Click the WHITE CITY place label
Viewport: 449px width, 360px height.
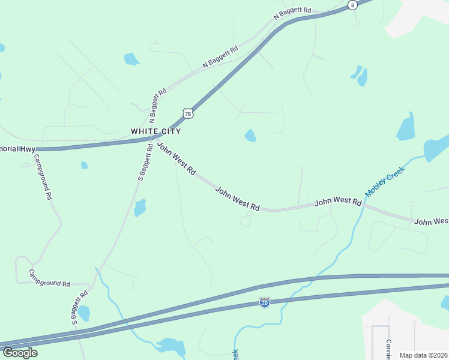[155, 131]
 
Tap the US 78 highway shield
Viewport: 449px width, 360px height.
[188, 113]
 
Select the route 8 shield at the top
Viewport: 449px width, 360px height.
[352, 4]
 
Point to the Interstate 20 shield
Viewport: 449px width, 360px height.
[264, 302]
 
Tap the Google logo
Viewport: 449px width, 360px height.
[20, 353]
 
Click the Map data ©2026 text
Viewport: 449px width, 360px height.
[423, 355]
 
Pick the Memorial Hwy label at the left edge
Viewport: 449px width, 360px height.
[18, 148]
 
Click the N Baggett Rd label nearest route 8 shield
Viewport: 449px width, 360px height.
[293, 14]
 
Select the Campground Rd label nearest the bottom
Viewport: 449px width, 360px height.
[50, 277]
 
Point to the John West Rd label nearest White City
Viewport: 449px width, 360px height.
[176, 158]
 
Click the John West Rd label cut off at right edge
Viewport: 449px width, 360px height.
[432, 221]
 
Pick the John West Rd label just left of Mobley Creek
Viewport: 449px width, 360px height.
[339, 202]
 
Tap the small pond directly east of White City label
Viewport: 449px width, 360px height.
[250, 136]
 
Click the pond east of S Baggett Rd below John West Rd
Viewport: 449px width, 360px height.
[140, 208]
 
